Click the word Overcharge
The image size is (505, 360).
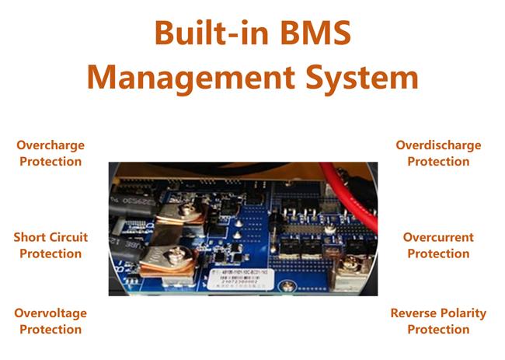pos(50,145)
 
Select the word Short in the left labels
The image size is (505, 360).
pos(30,237)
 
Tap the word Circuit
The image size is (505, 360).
pos(68,237)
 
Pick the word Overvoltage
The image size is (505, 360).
pos(50,313)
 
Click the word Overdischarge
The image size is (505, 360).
pos(438,145)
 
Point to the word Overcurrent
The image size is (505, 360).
pos(438,237)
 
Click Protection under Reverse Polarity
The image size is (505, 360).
pos(438,329)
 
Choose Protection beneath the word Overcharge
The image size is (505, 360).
pos(50,162)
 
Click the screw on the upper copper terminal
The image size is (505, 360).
pos(187,211)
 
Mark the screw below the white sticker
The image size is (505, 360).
pos(287,287)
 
